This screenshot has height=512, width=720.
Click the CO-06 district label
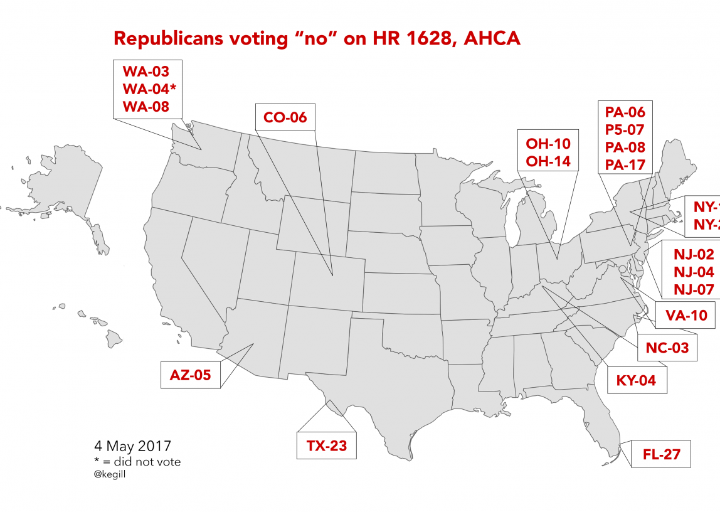coord(285,117)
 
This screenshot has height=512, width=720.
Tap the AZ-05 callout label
coord(190,375)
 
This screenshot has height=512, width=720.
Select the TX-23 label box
coord(327,446)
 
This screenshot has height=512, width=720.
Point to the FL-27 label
coord(662,454)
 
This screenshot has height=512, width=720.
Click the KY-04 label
coord(636,380)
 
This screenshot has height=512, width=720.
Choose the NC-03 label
coord(667,348)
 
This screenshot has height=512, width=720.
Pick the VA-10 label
coord(686,316)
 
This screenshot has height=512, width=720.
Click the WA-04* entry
coord(149,88)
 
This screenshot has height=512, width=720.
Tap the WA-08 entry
coord(146,106)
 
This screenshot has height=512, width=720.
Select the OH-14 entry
coord(548,161)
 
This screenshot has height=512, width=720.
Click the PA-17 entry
coord(625,165)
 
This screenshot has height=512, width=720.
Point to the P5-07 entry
coord(625,130)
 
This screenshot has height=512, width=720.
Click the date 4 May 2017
coord(132,447)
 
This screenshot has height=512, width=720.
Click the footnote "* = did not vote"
coord(137,462)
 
